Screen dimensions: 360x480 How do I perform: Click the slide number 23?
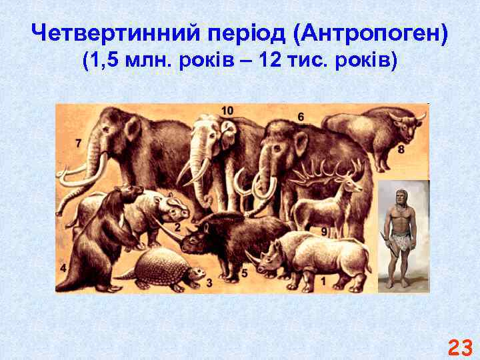(x=459, y=347)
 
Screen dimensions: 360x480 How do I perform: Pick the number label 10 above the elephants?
(x=227, y=110)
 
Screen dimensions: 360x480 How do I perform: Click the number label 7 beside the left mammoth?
(x=79, y=143)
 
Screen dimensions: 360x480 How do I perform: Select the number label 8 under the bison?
(x=401, y=150)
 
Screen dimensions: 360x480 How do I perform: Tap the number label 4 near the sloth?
(x=63, y=268)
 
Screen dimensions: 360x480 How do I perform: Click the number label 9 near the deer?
(x=323, y=231)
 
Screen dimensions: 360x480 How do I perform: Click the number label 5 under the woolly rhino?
(x=244, y=273)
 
